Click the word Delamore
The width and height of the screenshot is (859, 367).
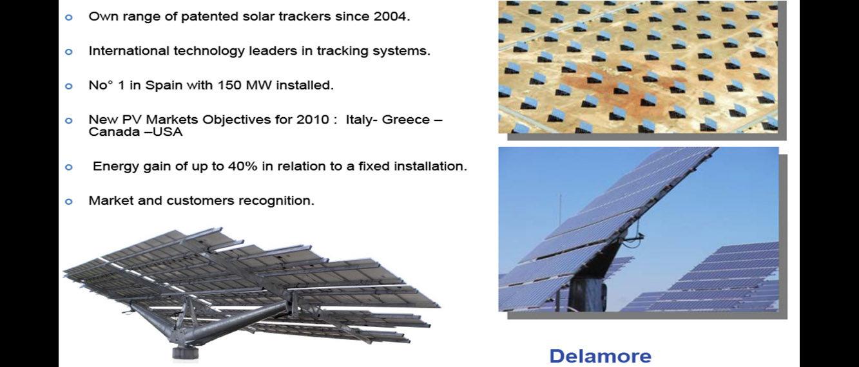[601, 356]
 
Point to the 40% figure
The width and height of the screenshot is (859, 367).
[242, 166]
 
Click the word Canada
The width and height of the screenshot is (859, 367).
[114, 132]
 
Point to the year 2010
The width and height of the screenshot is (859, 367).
[313, 120]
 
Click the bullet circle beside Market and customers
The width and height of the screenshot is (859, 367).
[69, 202]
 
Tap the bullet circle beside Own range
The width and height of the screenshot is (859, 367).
[69, 17]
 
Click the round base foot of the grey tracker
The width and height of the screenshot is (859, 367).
[186, 353]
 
